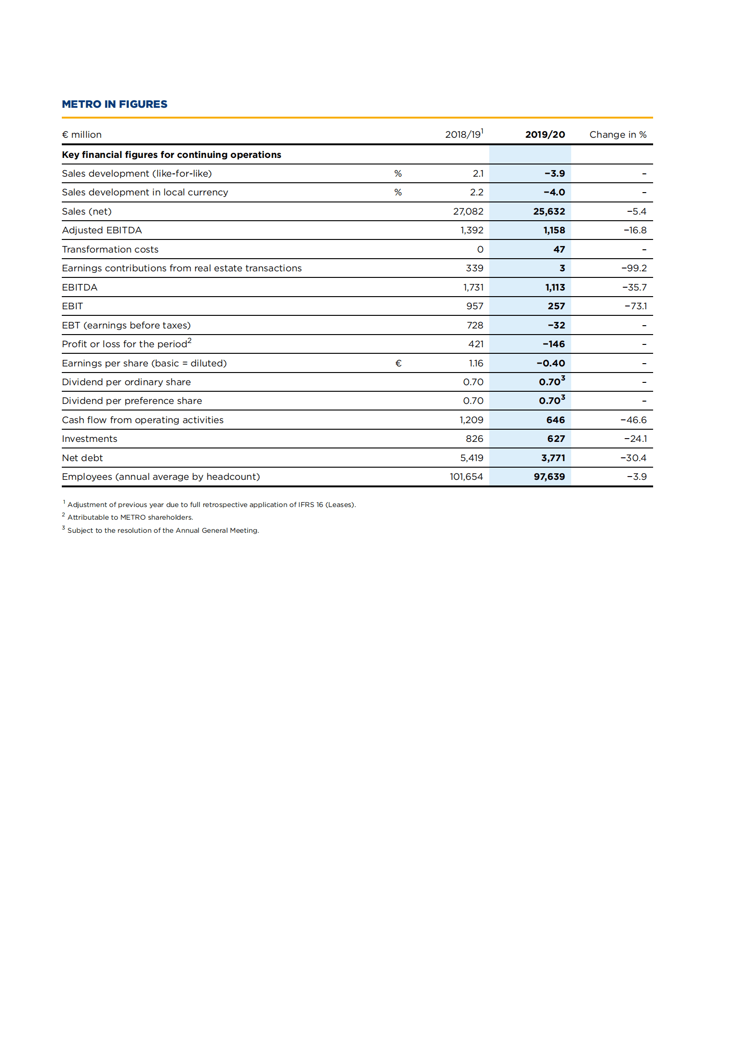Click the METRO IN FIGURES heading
(114, 104)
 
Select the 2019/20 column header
(544, 134)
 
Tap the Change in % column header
(618, 134)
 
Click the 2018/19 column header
(463, 134)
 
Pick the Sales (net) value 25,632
(549, 211)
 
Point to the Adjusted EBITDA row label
(102, 230)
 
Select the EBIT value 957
(474, 306)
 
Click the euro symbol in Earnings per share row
(398, 363)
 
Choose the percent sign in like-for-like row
(398, 173)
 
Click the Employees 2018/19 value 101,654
(466, 477)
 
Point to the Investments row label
(89, 439)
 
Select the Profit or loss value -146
(553, 344)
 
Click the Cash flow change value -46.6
(633, 420)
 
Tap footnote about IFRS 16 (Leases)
(211, 505)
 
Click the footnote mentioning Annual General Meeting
(163, 530)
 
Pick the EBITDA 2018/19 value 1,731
(473, 287)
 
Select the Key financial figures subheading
(171, 155)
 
